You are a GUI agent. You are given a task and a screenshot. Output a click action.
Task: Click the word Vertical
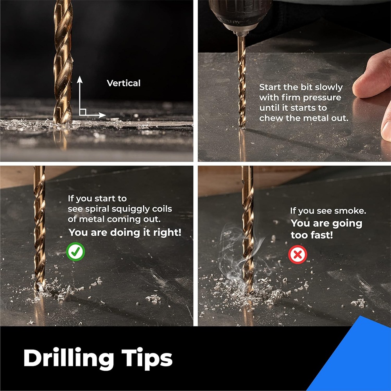click(x=124, y=83)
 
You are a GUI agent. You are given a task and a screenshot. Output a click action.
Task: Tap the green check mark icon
click(x=75, y=251)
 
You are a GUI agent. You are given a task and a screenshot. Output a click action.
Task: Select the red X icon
click(x=298, y=255)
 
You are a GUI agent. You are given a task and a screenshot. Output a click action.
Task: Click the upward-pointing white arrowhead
click(x=79, y=79)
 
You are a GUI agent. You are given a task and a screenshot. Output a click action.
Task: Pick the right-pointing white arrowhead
click(x=102, y=115)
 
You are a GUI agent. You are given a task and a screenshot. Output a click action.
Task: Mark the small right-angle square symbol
click(x=83, y=112)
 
